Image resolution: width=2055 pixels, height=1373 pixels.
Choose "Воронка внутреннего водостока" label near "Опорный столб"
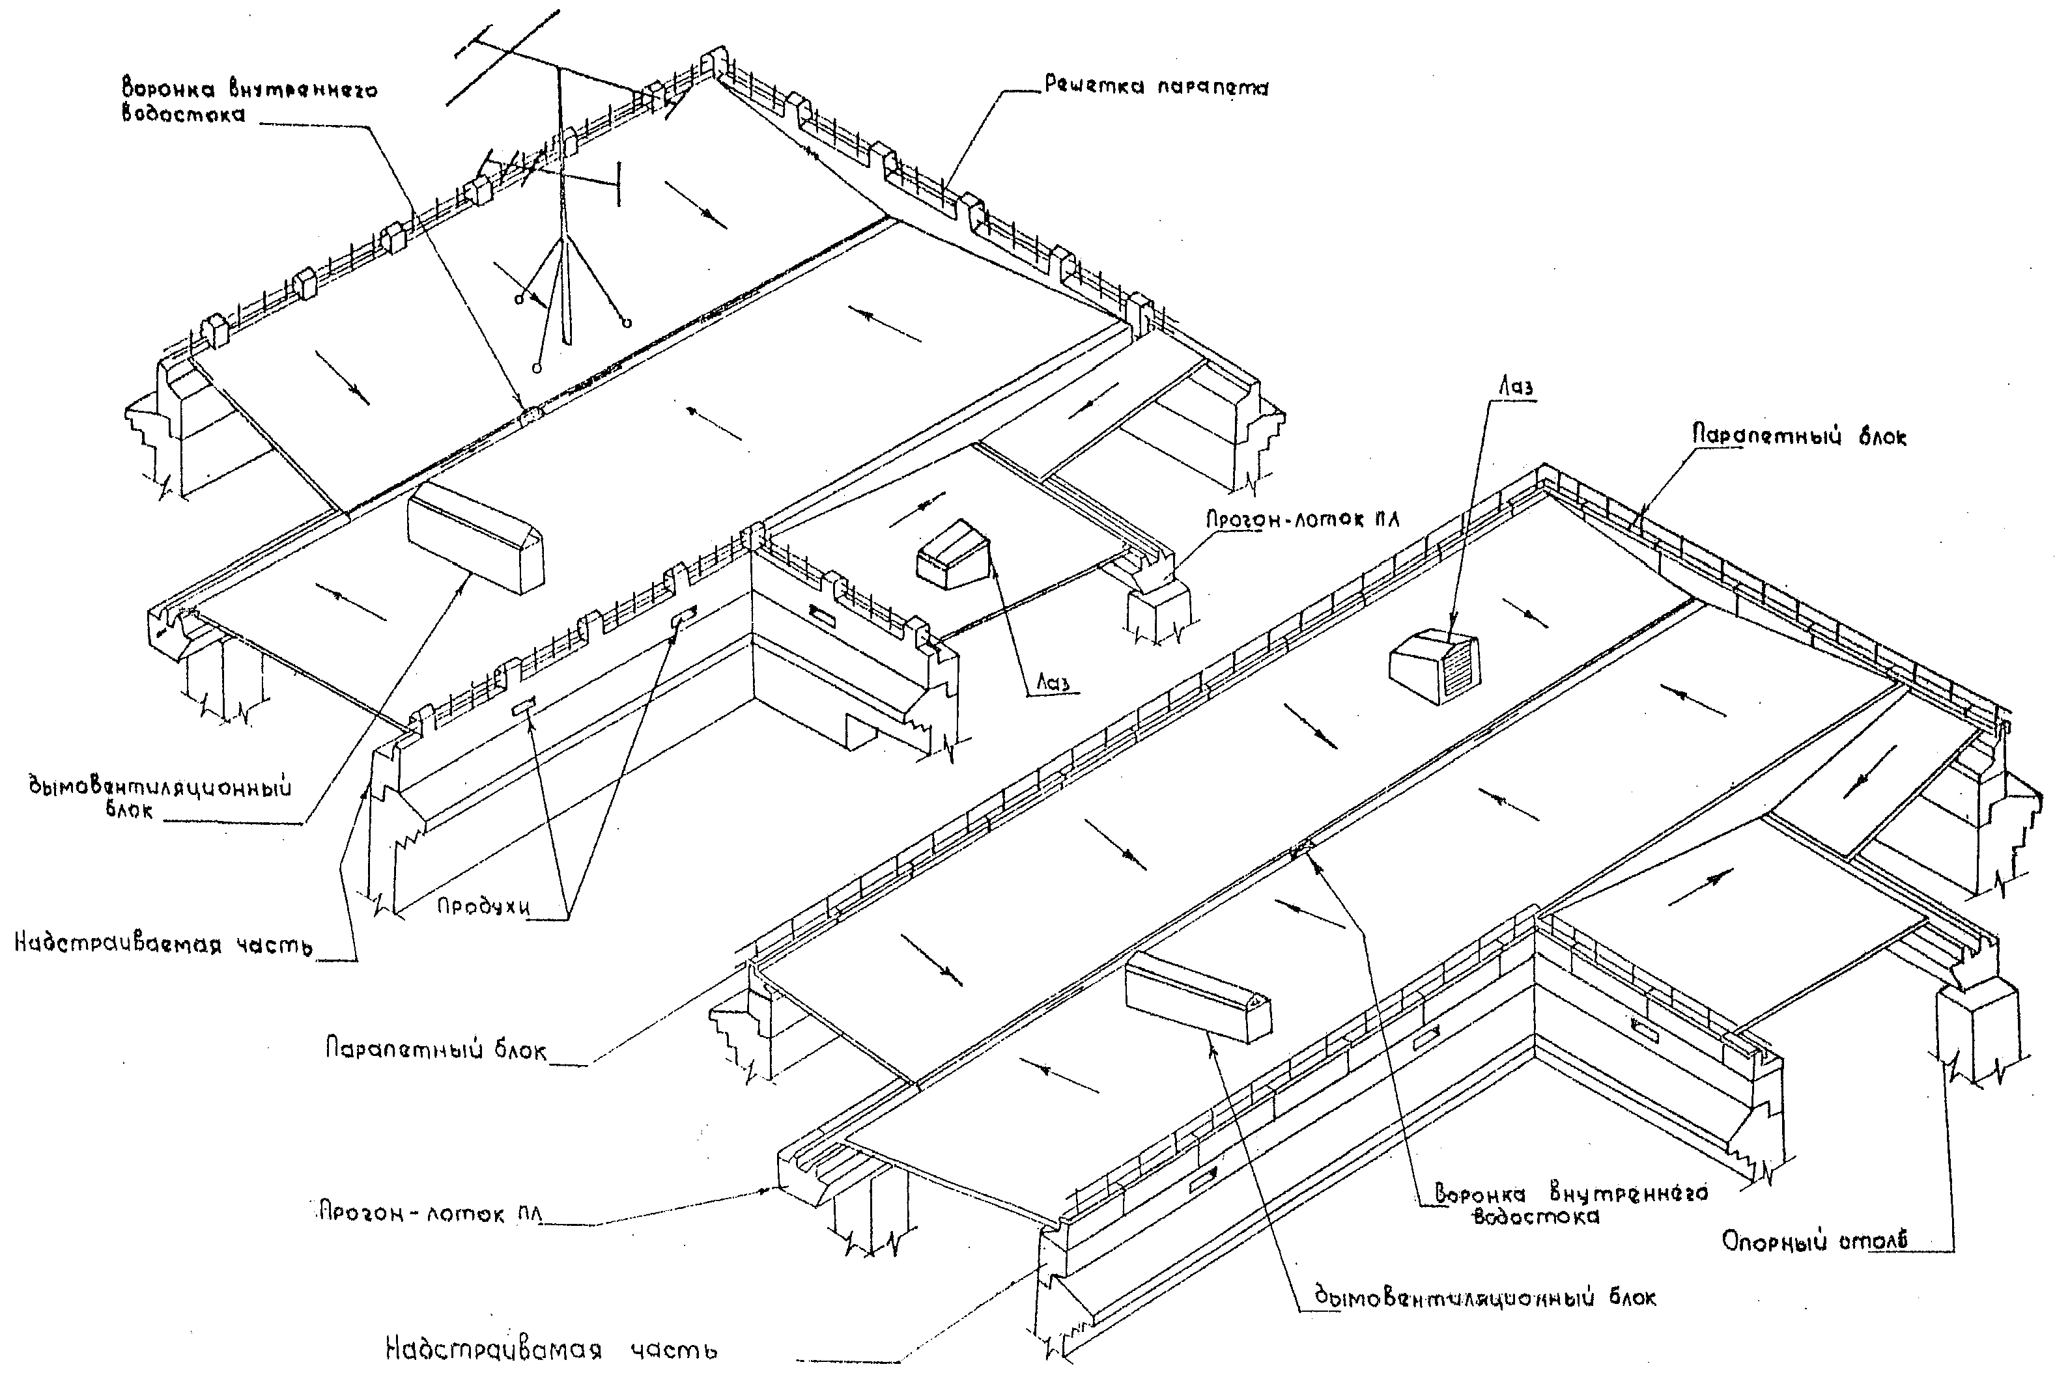1570,1204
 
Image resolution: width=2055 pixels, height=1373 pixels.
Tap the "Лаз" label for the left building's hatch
1053,682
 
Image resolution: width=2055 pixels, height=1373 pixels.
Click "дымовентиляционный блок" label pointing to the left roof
160,797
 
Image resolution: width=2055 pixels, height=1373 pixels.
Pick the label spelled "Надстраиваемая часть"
163,945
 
